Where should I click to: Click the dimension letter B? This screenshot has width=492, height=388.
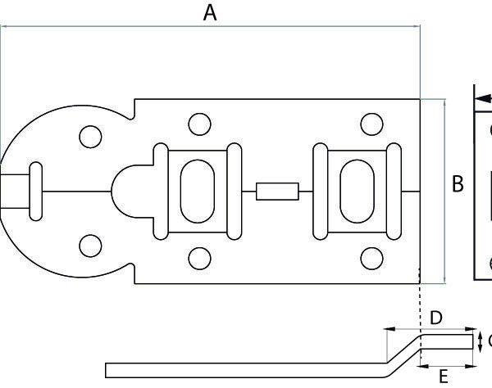458,184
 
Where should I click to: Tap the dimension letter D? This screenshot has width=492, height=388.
436,317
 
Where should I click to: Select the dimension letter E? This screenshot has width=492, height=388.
444,376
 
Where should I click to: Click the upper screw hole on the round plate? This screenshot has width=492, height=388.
89,135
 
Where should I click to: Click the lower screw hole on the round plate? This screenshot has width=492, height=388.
89,244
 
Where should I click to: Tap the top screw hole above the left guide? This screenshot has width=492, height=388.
196,124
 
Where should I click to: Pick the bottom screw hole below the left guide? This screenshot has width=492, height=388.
196,257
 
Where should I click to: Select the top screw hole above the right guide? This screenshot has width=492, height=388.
372,124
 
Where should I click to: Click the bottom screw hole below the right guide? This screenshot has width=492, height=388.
372,257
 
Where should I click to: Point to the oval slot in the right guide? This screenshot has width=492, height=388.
355,190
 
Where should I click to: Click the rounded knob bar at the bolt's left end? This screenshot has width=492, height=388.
34,190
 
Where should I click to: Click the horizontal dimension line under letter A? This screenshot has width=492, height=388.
210,27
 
